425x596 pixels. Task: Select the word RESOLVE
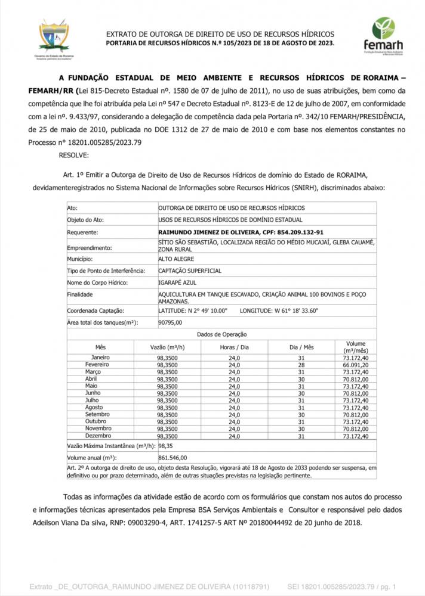click(73, 155)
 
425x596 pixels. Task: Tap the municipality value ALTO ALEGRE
click(176, 259)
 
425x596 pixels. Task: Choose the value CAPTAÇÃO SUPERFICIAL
click(189, 271)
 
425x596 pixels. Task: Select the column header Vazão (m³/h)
click(167, 347)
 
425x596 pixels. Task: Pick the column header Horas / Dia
click(234, 347)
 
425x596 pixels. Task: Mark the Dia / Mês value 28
click(301, 364)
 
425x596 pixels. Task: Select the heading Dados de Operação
click(221, 334)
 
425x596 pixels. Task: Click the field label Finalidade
click(80, 294)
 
